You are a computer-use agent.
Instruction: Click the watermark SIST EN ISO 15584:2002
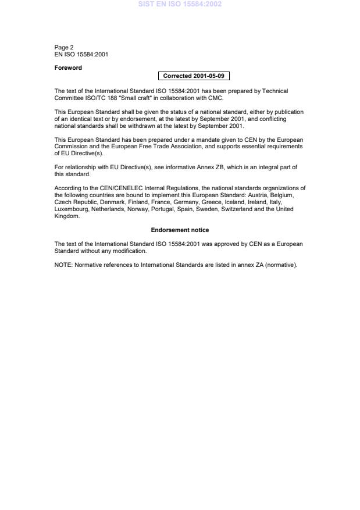[x=180, y=4]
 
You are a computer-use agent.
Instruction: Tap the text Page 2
[x=64, y=47]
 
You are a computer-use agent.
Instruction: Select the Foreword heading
[x=68, y=67]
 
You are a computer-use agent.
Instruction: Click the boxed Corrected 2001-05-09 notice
[x=189, y=76]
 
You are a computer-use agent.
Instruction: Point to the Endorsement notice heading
[x=180, y=230]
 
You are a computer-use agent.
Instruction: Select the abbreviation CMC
[x=215, y=97]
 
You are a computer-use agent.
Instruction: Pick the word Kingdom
[x=66, y=216]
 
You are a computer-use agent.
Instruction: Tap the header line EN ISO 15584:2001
[x=81, y=54]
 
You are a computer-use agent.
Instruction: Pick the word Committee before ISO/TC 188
[x=69, y=97]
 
